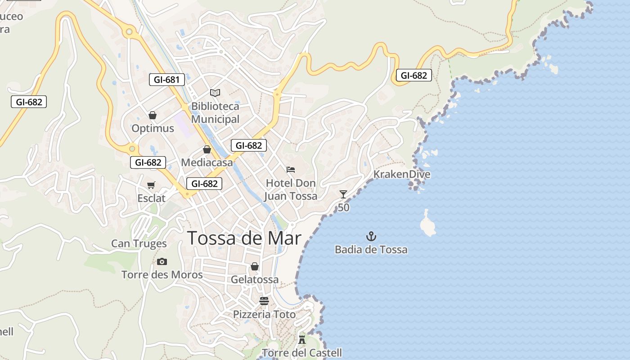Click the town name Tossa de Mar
(x=244, y=238)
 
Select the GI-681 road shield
(x=166, y=80)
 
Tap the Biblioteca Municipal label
(x=215, y=112)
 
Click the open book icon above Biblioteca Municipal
(x=215, y=93)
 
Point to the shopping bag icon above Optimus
(x=153, y=115)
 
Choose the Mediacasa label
(x=207, y=162)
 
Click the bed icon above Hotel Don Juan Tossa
(x=291, y=170)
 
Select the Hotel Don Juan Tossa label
(x=291, y=189)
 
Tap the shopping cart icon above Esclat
(x=151, y=185)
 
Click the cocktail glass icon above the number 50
(x=343, y=194)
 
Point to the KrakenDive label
(x=402, y=174)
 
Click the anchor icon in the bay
(x=371, y=236)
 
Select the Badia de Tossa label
(x=371, y=249)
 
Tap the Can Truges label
(x=139, y=243)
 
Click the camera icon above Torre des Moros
(x=162, y=261)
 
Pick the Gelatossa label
(x=255, y=279)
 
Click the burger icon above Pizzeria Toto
(x=264, y=301)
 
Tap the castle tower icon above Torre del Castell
(x=302, y=339)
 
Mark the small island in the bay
(x=427, y=224)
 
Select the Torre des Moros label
(x=162, y=274)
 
